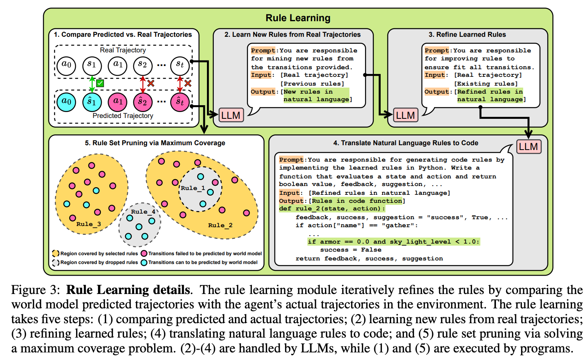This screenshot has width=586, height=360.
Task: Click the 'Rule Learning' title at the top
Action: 298,18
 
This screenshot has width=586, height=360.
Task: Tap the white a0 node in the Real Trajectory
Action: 66,65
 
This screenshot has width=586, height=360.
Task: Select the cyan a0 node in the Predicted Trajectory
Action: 66,102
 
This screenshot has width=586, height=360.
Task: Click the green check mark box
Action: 100,83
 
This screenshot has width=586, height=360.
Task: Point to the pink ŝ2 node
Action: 142,102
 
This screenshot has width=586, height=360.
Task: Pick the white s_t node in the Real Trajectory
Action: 180,65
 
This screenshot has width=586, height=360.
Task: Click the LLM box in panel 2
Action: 231,115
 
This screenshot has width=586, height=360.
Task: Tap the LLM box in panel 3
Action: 405,115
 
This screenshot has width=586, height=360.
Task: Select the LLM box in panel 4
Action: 528,146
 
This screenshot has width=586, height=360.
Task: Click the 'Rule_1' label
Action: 193,188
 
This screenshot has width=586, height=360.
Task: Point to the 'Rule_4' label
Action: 143,212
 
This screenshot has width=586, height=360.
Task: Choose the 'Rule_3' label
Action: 88,224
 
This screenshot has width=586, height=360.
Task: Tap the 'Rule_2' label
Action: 220,225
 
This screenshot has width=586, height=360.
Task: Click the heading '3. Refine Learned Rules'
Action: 467,35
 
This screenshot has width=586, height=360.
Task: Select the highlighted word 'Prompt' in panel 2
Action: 263,50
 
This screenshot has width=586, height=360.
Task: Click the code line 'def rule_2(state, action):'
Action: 332,209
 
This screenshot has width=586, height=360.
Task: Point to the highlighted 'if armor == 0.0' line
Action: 393,242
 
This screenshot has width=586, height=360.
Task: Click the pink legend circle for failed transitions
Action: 144,254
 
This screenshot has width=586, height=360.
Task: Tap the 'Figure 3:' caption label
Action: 36,290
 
